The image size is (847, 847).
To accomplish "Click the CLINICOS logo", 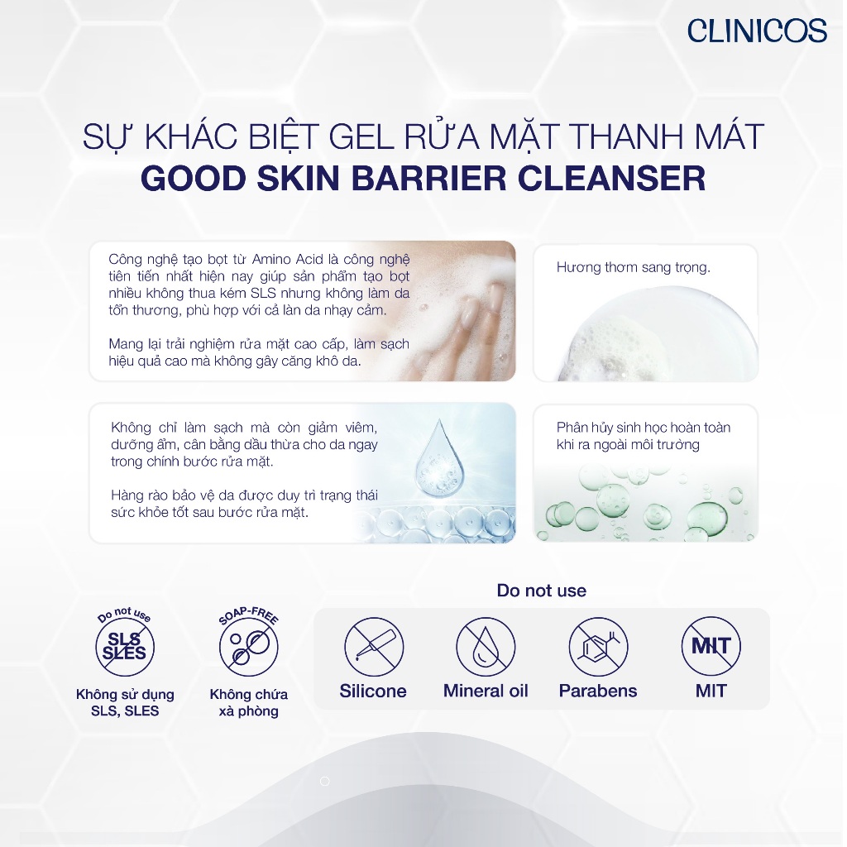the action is click(757, 31).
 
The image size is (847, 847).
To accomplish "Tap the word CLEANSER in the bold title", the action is click(612, 179).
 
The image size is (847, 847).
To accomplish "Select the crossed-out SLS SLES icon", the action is click(125, 647).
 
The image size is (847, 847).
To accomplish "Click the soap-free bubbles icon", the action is click(248, 647).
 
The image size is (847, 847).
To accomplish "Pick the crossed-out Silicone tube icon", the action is click(373, 646).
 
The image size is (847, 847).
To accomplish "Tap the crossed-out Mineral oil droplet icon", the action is click(486, 646).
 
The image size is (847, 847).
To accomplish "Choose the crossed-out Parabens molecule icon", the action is click(598, 646).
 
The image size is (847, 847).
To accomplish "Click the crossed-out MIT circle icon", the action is click(711, 646).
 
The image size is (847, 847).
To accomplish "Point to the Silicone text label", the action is click(373, 691).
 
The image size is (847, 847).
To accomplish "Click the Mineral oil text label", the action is click(486, 691).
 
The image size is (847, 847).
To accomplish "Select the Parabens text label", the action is click(598, 691).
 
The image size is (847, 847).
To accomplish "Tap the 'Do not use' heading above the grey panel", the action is click(541, 591).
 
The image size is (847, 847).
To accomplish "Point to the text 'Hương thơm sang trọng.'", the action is click(633, 267).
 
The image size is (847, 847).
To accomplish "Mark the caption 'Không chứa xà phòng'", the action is click(248, 702).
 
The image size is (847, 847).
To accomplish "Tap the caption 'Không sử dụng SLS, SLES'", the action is click(125, 702).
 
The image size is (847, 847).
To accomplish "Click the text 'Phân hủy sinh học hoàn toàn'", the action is click(644, 428).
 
